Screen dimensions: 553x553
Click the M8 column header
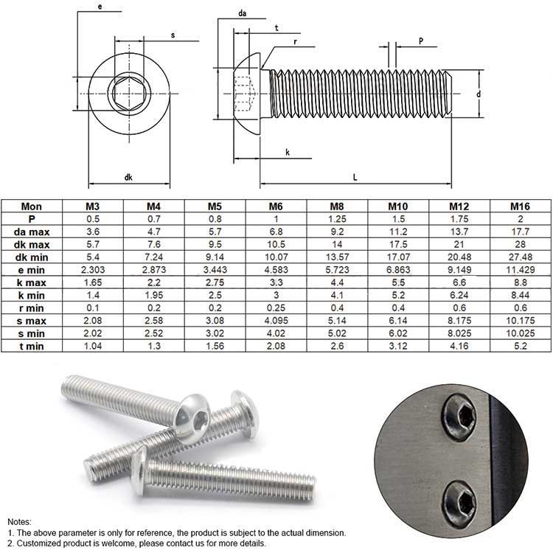point(337,206)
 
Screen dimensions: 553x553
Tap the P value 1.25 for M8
point(337,219)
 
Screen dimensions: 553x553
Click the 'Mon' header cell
point(32,206)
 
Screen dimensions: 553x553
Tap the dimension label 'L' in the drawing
point(355,178)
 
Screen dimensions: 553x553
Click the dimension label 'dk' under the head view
point(128,178)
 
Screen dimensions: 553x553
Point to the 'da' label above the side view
point(242,13)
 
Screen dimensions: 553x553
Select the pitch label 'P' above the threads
point(420,42)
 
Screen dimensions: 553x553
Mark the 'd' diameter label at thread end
point(478,94)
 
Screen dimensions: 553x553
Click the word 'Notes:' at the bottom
point(21,521)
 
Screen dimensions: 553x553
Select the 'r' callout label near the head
point(295,42)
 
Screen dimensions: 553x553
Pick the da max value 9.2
point(337,232)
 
